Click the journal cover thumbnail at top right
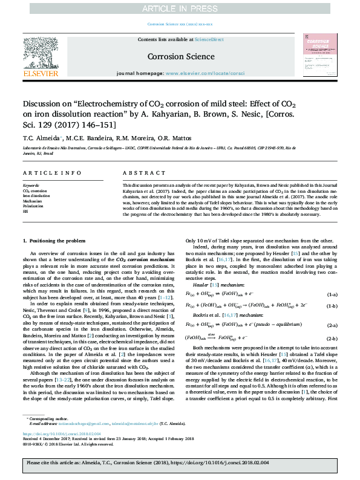320,56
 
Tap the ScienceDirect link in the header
209,39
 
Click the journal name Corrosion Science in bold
180,57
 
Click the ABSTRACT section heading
138,172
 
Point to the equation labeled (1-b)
254,290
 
